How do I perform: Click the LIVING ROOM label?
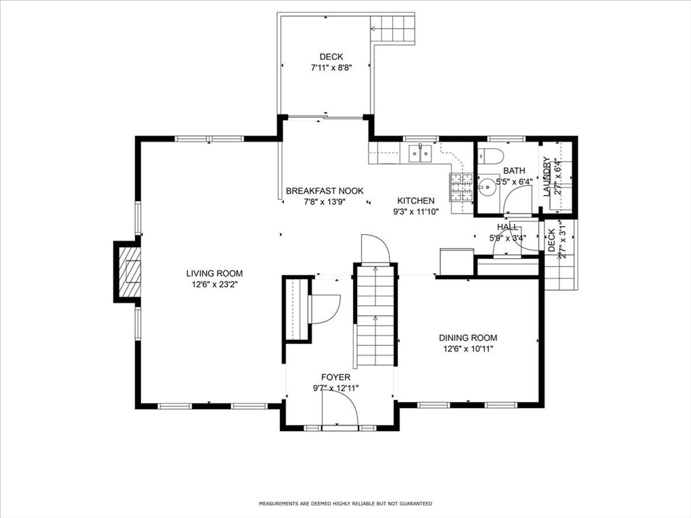(214, 274)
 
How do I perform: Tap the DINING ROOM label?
(468, 338)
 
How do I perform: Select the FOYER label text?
(336, 377)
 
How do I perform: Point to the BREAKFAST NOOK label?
(325, 191)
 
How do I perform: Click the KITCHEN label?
(416, 200)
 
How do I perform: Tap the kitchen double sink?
(421, 153)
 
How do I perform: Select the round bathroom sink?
(487, 188)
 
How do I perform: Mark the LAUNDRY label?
(547, 177)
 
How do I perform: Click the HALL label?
(507, 227)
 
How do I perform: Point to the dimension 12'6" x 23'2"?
(214, 285)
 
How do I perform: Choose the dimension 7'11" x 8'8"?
(331, 68)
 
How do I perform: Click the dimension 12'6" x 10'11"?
(468, 349)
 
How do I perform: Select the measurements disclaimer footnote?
(345, 503)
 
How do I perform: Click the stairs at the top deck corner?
(393, 29)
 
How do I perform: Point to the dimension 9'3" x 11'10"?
(416, 212)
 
